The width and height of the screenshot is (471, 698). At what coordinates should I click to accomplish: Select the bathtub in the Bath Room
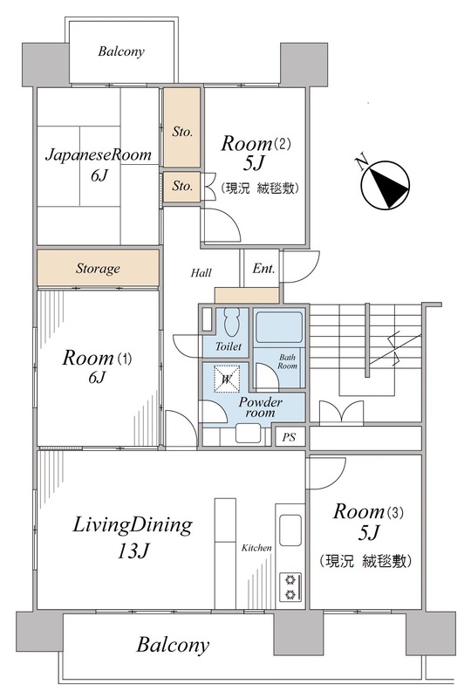[279, 327]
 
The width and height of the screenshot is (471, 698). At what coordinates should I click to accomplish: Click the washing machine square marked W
[227, 380]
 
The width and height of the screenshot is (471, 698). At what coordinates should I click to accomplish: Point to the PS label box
[289, 437]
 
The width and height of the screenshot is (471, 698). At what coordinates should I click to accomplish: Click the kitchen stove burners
[290, 586]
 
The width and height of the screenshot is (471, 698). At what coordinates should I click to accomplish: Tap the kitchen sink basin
[290, 530]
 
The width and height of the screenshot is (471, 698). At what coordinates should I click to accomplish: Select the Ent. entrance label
[263, 269]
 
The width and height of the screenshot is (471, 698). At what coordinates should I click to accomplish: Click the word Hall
[201, 272]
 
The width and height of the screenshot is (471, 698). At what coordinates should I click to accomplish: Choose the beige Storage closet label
[98, 268]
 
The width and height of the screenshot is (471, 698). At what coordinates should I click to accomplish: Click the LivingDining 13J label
[133, 537]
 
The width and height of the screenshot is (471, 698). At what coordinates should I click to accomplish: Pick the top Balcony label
[121, 51]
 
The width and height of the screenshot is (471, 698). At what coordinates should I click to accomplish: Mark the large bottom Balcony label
[173, 645]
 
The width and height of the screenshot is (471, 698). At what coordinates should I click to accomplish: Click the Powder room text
[261, 407]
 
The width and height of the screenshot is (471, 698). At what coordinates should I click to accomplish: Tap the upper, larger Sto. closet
[181, 127]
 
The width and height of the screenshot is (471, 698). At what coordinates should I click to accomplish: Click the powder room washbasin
[248, 434]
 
